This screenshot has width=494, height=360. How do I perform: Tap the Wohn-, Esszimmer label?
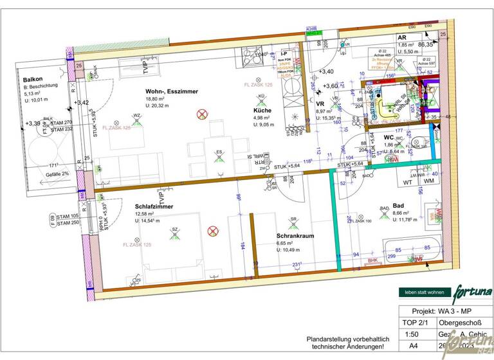pyautogui.click(x=171, y=92)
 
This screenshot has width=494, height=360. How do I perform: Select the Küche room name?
pyautogui.click(x=262, y=110)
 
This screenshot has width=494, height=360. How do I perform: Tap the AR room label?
pyautogui.click(x=402, y=38)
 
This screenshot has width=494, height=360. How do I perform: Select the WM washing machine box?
pyautogui.click(x=428, y=182)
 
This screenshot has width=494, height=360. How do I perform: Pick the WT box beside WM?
pyautogui.click(x=408, y=182)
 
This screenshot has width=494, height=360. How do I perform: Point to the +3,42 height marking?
pyautogui.click(x=82, y=102)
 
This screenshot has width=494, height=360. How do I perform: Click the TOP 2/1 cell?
pyautogui.click(x=412, y=322)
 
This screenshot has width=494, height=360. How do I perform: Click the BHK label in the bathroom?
pyautogui.click(x=372, y=260)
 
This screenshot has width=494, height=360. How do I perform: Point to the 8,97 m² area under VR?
pyautogui.click(x=325, y=111)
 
